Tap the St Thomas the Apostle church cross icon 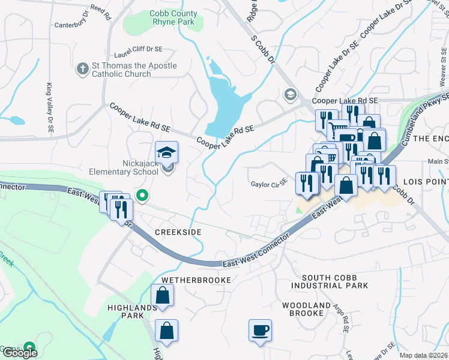[x=83, y=70]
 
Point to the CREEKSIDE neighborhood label [x=177, y=232]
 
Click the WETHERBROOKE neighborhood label [x=196, y=280]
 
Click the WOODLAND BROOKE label [x=306, y=310]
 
